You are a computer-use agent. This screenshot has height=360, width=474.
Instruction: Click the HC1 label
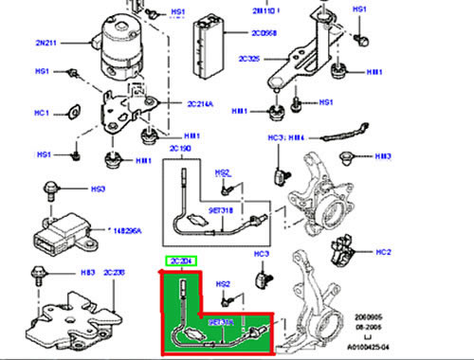tap(41, 114)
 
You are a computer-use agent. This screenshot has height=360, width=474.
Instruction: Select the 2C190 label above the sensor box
tap(179, 151)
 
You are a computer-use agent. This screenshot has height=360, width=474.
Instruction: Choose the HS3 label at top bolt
tap(97, 189)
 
